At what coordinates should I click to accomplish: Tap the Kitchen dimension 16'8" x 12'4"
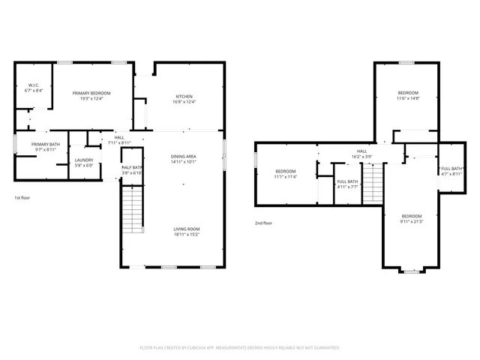pos(184,102)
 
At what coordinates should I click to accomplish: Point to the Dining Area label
pos(183,156)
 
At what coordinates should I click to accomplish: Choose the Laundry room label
pos(83,160)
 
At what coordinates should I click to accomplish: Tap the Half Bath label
pos(132,167)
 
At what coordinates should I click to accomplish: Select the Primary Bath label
pos(44,145)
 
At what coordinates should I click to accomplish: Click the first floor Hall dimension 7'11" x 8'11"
pos(119,142)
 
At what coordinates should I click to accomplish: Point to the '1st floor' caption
pos(22,198)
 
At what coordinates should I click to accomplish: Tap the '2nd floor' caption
pos(263,223)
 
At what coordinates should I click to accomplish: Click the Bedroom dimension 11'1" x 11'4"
pos(285,177)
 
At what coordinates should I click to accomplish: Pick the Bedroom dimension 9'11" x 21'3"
pos(412,221)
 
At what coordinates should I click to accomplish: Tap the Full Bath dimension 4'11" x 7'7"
pos(347,187)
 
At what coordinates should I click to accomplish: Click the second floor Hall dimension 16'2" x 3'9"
pos(361,157)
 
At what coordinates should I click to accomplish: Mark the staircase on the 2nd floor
pos(373,184)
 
